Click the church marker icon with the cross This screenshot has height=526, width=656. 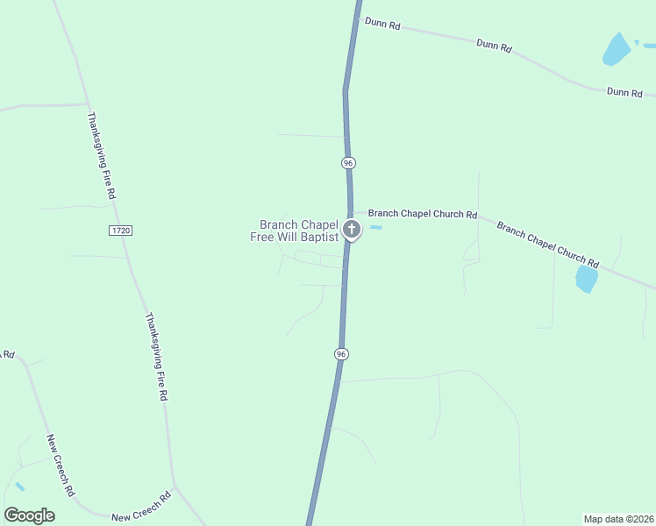pyautogui.click(x=352, y=230)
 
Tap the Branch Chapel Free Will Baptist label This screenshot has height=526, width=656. pyautogui.click(x=299, y=231)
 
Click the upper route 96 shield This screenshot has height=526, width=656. pyautogui.click(x=348, y=163)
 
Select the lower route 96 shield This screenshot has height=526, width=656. pyautogui.click(x=341, y=353)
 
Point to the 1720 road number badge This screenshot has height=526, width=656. pyautogui.click(x=120, y=230)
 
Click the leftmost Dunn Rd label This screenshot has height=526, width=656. pyautogui.click(x=383, y=25)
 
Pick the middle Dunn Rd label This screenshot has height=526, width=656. pyautogui.click(x=494, y=46)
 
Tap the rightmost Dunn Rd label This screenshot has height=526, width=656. pyautogui.click(x=624, y=92)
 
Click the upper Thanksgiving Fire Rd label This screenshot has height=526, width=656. pyautogui.click(x=101, y=156)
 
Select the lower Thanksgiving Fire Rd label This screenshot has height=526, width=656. pyautogui.click(x=156, y=357)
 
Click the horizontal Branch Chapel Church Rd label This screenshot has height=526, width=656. pyautogui.click(x=422, y=214)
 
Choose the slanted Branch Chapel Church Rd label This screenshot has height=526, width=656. pyautogui.click(x=547, y=245)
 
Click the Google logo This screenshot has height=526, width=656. pyautogui.click(x=29, y=515)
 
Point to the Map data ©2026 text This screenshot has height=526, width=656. pyautogui.click(x=618, y=518)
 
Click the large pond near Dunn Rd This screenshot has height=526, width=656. pyautogui.click(x=617, y=49)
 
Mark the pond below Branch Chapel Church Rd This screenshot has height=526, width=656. pyautogui.click(x=586, y=279)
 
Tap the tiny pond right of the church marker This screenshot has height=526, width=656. pyautogui.click(x=375, y=228)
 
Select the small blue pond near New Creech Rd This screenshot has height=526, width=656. pyautogui.click(x=19, y=487)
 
